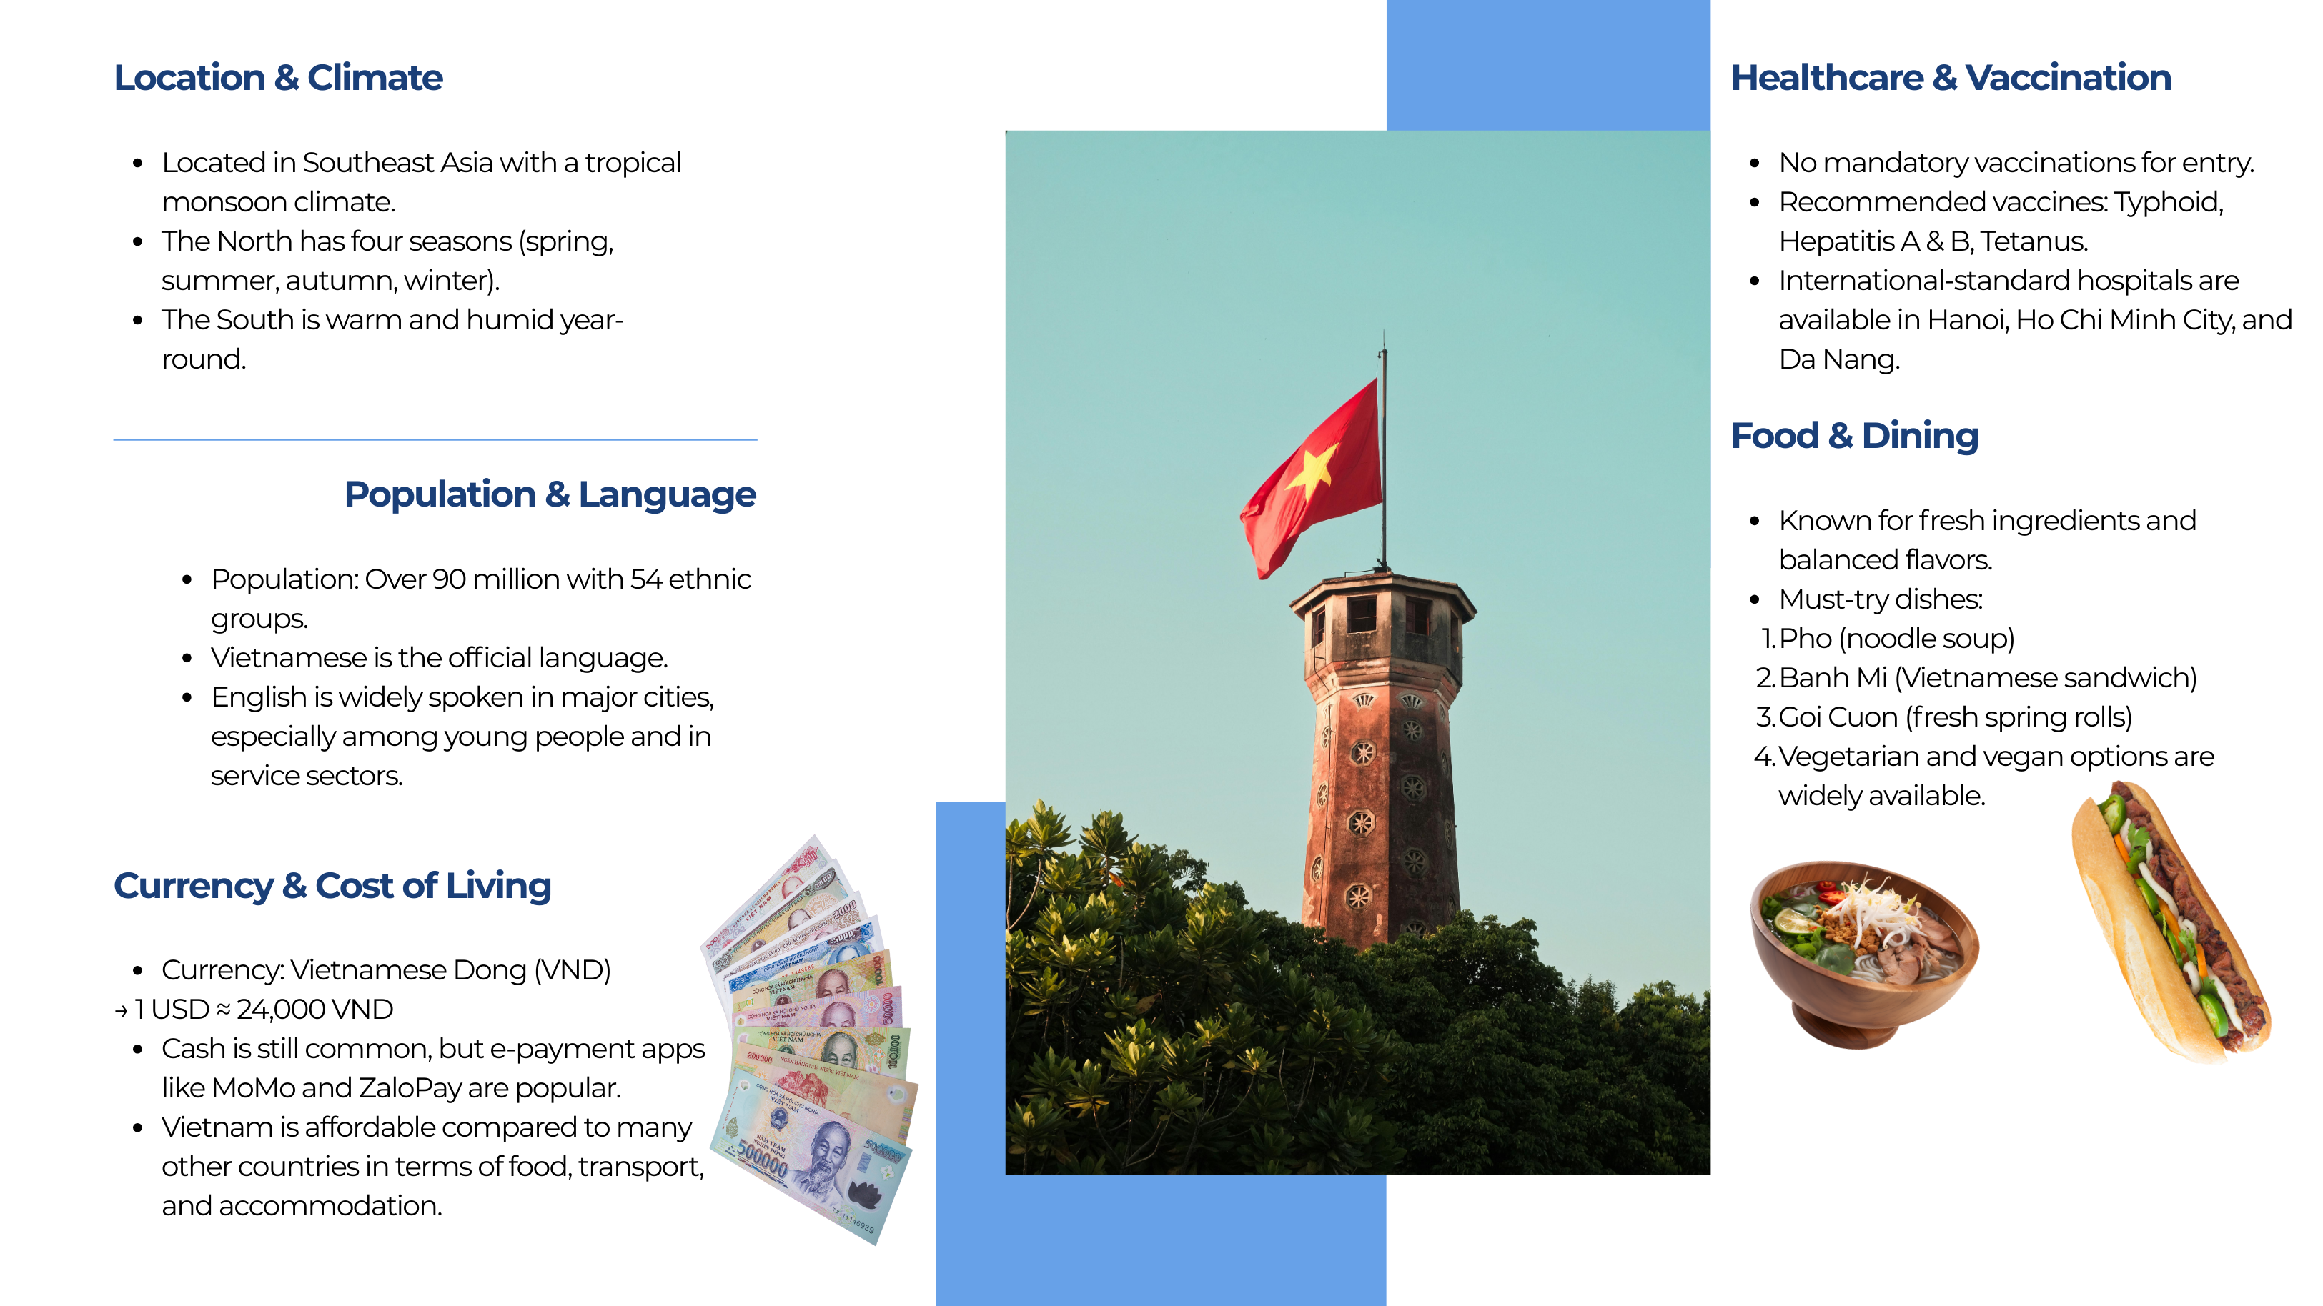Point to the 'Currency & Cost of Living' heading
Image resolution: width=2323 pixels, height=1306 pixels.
point(332,886)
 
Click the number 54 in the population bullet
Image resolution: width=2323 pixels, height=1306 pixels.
point(645,579)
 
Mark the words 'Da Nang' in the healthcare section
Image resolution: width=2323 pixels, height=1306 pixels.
point(1840,359)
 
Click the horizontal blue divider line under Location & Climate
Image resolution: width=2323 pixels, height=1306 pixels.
point(435,440)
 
